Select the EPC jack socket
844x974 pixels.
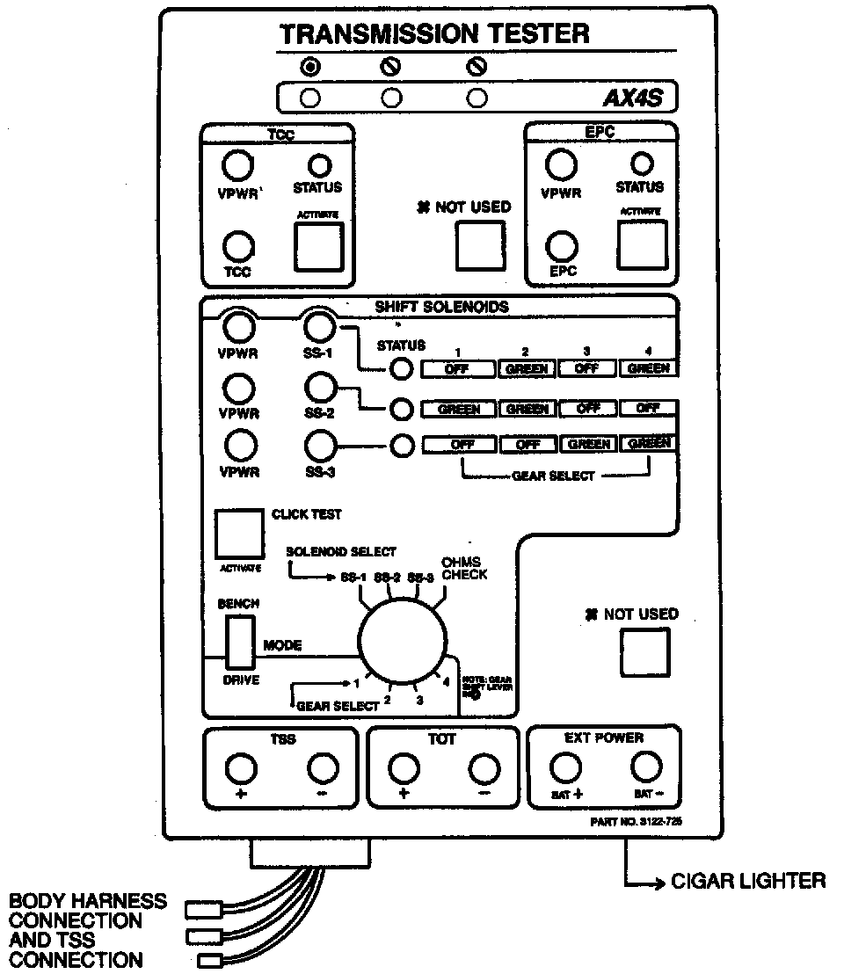(x=562, y=244)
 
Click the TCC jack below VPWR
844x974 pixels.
(x=237, y=244)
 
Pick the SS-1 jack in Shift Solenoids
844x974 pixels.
(x=318, y=327)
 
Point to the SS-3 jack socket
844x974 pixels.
(x=318, y=446)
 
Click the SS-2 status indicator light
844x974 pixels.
(x=402, y=409)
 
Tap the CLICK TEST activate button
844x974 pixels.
(x=238, y=533)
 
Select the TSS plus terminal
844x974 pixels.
(x=241, y=769)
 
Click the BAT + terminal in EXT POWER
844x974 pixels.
(x=564, y=769)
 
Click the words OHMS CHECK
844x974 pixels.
(x=464, y=568)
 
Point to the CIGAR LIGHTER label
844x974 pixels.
(x=747, y=880)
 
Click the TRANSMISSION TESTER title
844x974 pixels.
(x=434, y=34)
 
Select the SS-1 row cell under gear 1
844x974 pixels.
(x=457, y=369)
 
